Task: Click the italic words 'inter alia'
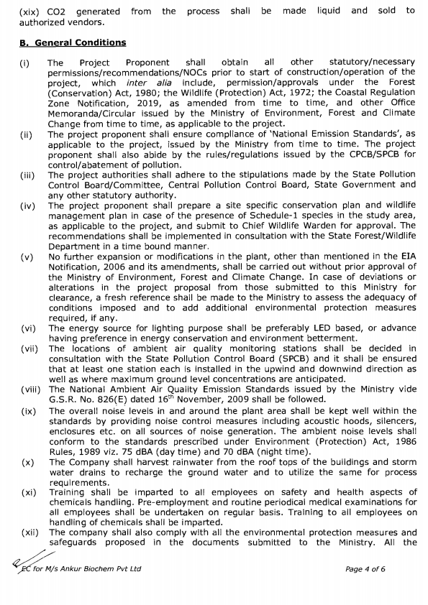click(147, 82)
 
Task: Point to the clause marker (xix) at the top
click(30, 11)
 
